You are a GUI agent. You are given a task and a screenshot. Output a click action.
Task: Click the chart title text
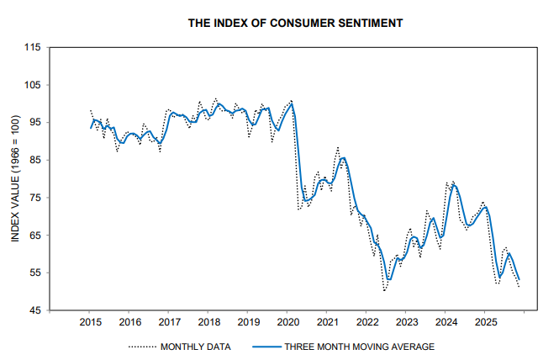pyautogui.click(x=295, y=22)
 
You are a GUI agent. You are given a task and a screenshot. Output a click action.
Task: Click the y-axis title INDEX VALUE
pyautogui.click(x=15, y=179)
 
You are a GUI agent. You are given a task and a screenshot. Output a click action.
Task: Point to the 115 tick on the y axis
pyautogui.click(x=33, y=47)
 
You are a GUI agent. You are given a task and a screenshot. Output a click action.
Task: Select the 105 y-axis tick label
pyautogui.click(x=33, y=85)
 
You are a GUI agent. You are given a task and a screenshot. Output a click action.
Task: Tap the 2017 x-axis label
pyautogui.click(x=169, y=322)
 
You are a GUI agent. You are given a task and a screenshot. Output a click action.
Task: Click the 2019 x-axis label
pyautogui.click(x=248, y=322)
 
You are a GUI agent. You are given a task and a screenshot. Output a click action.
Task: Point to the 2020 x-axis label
pyautogui.click(x=287, y=322)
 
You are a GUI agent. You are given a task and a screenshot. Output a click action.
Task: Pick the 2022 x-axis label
pyautogui.click(x=367, y=322)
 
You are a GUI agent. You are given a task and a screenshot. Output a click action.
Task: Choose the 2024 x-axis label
pyautogui.click(x=446, y=322)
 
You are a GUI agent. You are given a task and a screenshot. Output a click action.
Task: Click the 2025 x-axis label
pyautogui.click(x=485, y=322)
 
